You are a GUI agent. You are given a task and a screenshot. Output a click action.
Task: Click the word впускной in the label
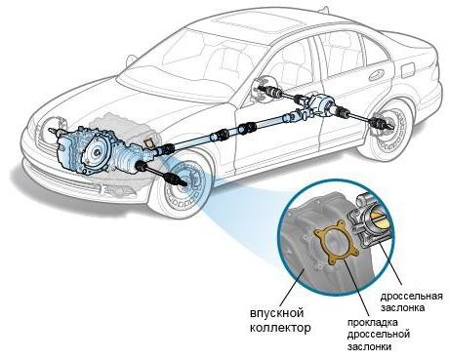(277, 314)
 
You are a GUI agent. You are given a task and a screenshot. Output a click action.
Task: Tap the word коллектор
(280, 328)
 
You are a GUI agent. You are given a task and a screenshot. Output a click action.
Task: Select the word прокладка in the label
(373, 323)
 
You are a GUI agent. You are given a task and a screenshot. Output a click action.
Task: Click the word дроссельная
(412, 297)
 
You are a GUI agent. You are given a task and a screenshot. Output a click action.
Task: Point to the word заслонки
(369, 346)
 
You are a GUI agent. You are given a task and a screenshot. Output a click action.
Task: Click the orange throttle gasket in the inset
(337, 242)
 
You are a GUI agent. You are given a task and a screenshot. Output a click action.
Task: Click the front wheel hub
(183, 182)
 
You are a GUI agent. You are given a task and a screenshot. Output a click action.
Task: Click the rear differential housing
(320, 104)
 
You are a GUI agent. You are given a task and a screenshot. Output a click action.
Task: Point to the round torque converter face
(97, 151)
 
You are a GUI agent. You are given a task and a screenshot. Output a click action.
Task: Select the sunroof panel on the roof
(261, 23)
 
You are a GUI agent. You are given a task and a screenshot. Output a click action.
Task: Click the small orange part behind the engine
(150, 142)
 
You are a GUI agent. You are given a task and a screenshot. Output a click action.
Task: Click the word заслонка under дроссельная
(402, 307)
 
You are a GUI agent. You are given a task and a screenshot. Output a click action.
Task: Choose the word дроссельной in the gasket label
(379, 334)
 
